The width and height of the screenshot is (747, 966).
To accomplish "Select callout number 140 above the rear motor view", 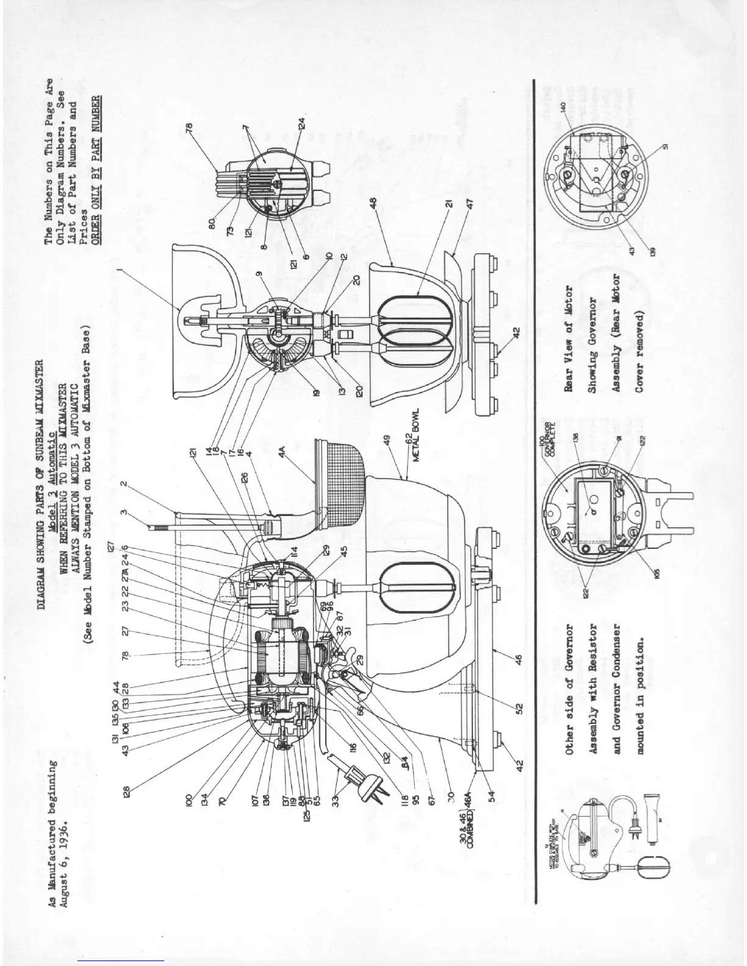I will pyautogui.click(x=564, y=106).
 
